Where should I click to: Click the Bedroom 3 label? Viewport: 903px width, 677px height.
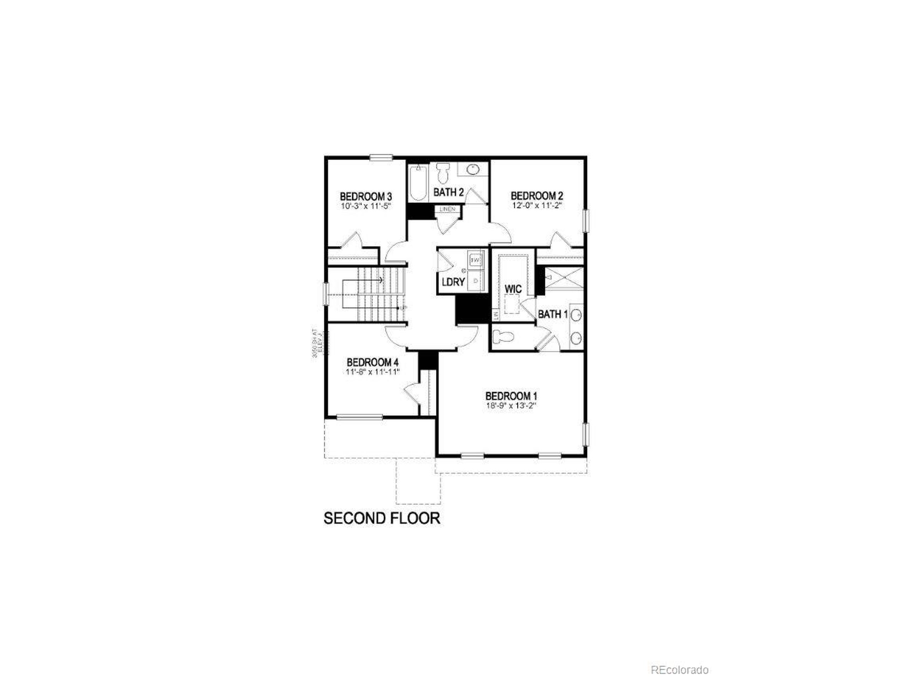click(366, 196)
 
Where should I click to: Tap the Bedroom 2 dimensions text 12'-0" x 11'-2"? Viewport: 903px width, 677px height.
click(537, 206)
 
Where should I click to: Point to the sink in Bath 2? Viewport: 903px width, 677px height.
click(473, 169)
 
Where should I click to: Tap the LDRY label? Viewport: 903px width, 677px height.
click(453, 282)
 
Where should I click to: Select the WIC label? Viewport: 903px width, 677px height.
click(513, 289)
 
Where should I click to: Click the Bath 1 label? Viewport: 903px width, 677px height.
click(553, 314)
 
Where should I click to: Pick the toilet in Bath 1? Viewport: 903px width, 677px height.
click(503, 337)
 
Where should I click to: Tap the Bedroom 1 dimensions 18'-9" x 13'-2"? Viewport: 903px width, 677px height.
click(511, 406)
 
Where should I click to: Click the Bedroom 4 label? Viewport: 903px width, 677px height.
click(372, 362)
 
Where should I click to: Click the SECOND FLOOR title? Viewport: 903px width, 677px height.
click(382, 518)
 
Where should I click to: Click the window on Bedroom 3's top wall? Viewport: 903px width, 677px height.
click(381, 157)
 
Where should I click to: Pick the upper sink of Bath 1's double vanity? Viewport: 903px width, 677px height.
click(576, 315)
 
